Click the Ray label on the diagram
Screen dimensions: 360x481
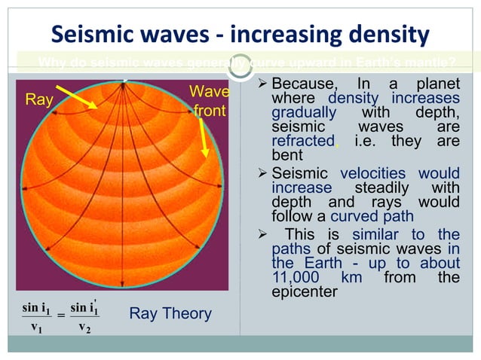click(x=38, y=98)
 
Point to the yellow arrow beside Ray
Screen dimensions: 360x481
click(x=76, y=97)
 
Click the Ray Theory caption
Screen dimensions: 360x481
click(x=170, y=313)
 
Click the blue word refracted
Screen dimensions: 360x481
click(x=302, y=141)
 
